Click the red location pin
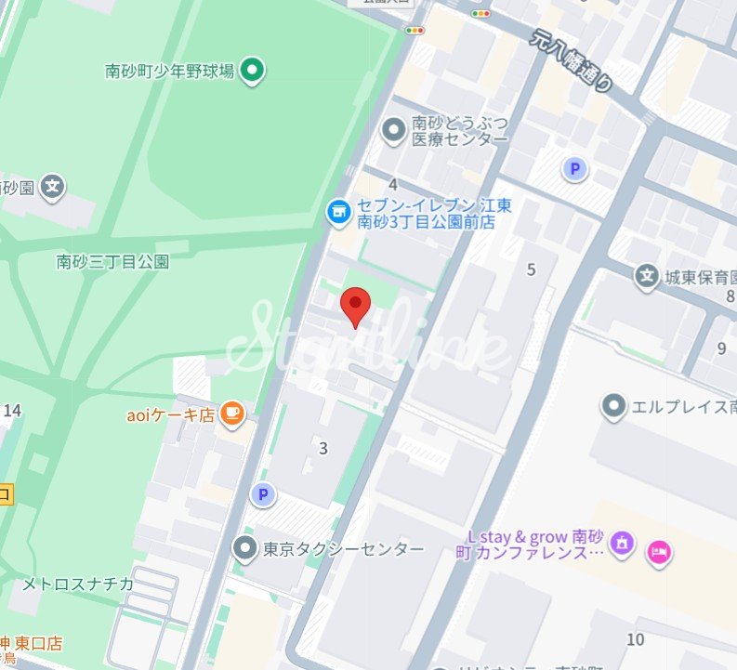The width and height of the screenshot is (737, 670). tap(356, 305)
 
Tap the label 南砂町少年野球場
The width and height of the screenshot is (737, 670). tap(169, 70)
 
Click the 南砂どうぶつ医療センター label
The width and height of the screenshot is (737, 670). tap(460, 131)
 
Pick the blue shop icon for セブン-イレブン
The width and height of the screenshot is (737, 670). tap(337, 213)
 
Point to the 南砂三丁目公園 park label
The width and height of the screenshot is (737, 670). tap(112, 262)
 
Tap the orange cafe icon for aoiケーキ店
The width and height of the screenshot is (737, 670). tap(232, 414)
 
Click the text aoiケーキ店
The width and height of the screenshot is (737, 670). tap(170, 415)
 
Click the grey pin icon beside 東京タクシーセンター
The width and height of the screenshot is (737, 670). tap(244, 549)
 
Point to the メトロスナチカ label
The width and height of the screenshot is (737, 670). tap(78, 584)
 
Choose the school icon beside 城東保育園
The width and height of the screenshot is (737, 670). tap(647, 275)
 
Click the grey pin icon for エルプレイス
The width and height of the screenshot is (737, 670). tap(612, 406)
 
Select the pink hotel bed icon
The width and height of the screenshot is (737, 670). tap(661, 551)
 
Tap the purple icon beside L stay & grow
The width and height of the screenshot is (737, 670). tap(623, 544)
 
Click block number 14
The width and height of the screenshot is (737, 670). tap(12, 410)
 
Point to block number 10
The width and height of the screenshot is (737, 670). tap(636, 639)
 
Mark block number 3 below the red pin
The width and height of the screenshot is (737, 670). tap(323, 449)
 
